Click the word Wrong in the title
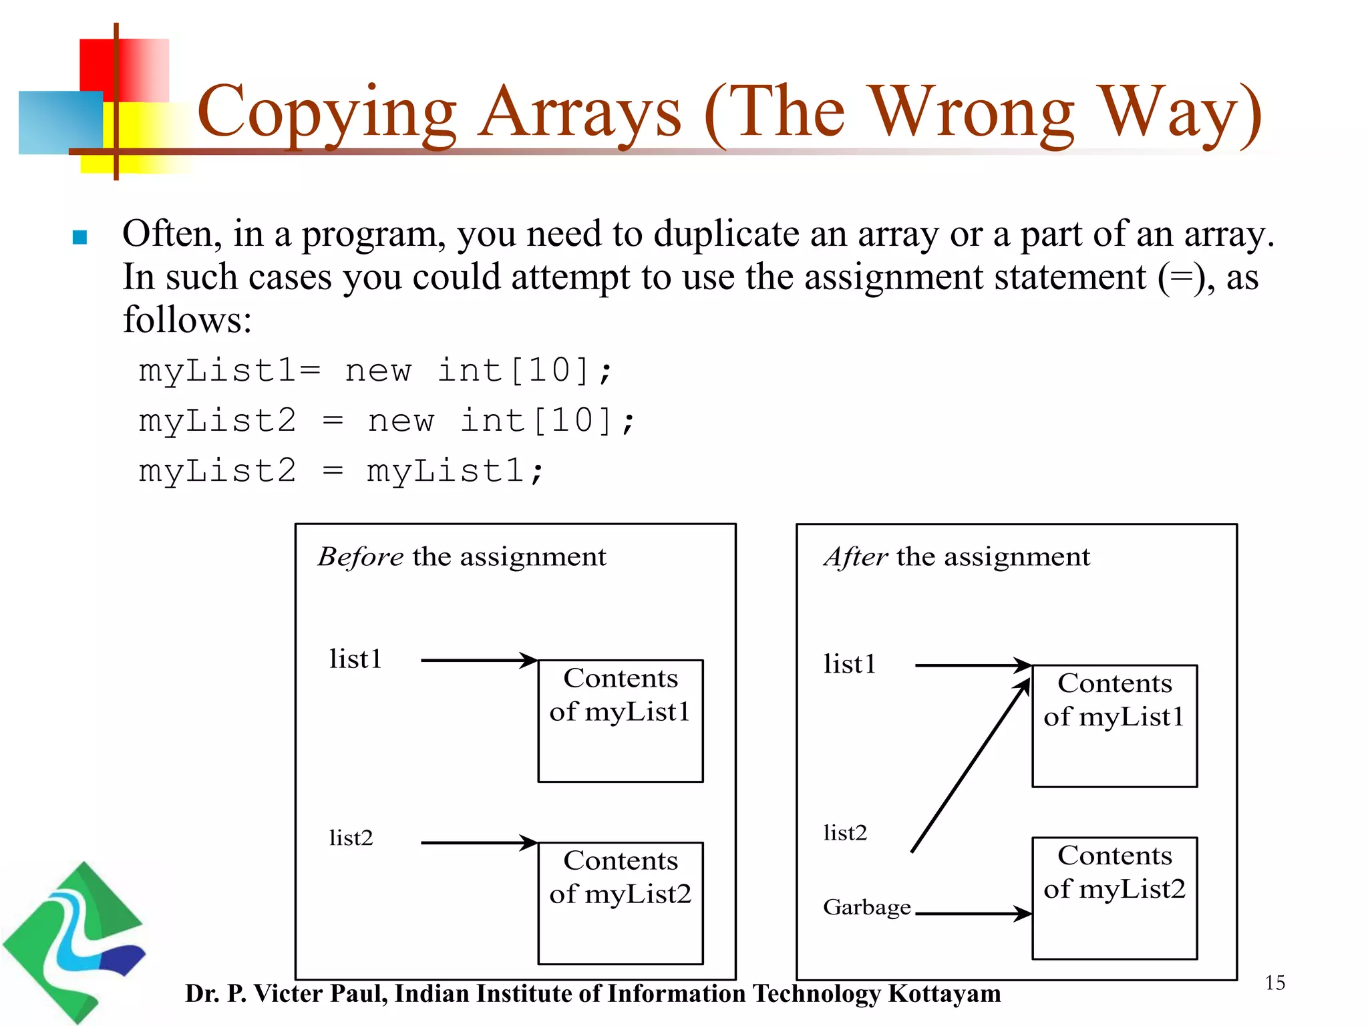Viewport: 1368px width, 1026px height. (x=973, y=114)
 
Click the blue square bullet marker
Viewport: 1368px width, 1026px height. (x=79, y=237)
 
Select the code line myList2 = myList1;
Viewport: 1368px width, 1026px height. (x=341, y=471)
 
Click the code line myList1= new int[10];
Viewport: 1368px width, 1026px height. (x=374, y=371)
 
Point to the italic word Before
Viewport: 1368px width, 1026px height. (x=360, y=556)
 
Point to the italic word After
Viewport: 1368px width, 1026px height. (x=856, y=556)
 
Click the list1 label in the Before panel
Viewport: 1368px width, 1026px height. (x=355, y=659)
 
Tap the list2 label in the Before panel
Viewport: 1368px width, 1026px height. (x=351, y=838)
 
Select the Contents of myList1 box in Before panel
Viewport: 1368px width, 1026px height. (x=620, y=721)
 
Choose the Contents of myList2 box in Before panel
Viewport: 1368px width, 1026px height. (x=620, y=903)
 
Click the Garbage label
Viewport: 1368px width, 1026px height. (x=866, y=908)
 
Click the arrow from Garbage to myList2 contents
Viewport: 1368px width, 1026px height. (x=972, y=913)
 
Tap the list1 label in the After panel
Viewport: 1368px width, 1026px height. (x=849, y=665)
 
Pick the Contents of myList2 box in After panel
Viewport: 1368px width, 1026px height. (x=1114, y=898)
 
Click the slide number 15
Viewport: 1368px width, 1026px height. (x=1274, y=983)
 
